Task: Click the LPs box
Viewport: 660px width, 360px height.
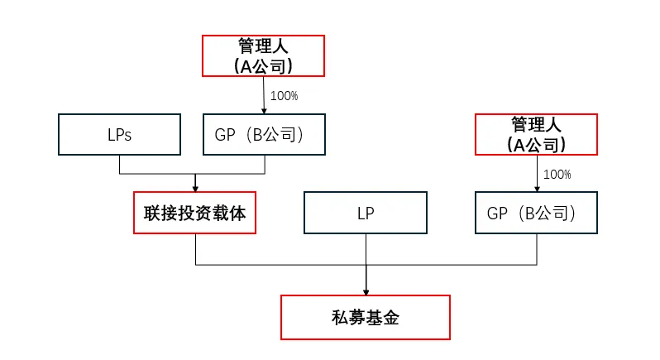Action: (x=119, y=135)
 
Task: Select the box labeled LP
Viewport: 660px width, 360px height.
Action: (x=366, y=213)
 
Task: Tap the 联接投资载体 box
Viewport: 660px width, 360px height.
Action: (x=195, y=213)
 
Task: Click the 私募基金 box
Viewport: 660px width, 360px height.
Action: (x=366, y=317)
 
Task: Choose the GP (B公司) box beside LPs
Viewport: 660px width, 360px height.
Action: (x=264, y=135)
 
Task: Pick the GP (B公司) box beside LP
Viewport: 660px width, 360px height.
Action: (x=537, y=213)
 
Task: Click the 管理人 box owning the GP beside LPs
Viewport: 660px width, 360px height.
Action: (x=264, y=56)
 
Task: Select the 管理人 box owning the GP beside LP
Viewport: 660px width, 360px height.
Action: (x=537, y=134)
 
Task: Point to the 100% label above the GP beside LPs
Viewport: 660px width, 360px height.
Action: (x=284, y=96)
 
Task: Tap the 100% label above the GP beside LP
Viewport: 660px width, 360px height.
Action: (x=557, y=174)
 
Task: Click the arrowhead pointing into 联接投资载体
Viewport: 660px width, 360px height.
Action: (x=195, y=189)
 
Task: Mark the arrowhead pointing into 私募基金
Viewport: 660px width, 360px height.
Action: (x=366, y=290)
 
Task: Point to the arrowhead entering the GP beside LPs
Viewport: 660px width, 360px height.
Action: (x=264, y=110)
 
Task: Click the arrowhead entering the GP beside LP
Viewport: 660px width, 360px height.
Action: (x=537, y=189)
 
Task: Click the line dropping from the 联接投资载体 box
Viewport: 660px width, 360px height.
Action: (x=195, y=249)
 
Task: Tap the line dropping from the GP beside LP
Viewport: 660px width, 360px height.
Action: (x=537, y=249)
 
